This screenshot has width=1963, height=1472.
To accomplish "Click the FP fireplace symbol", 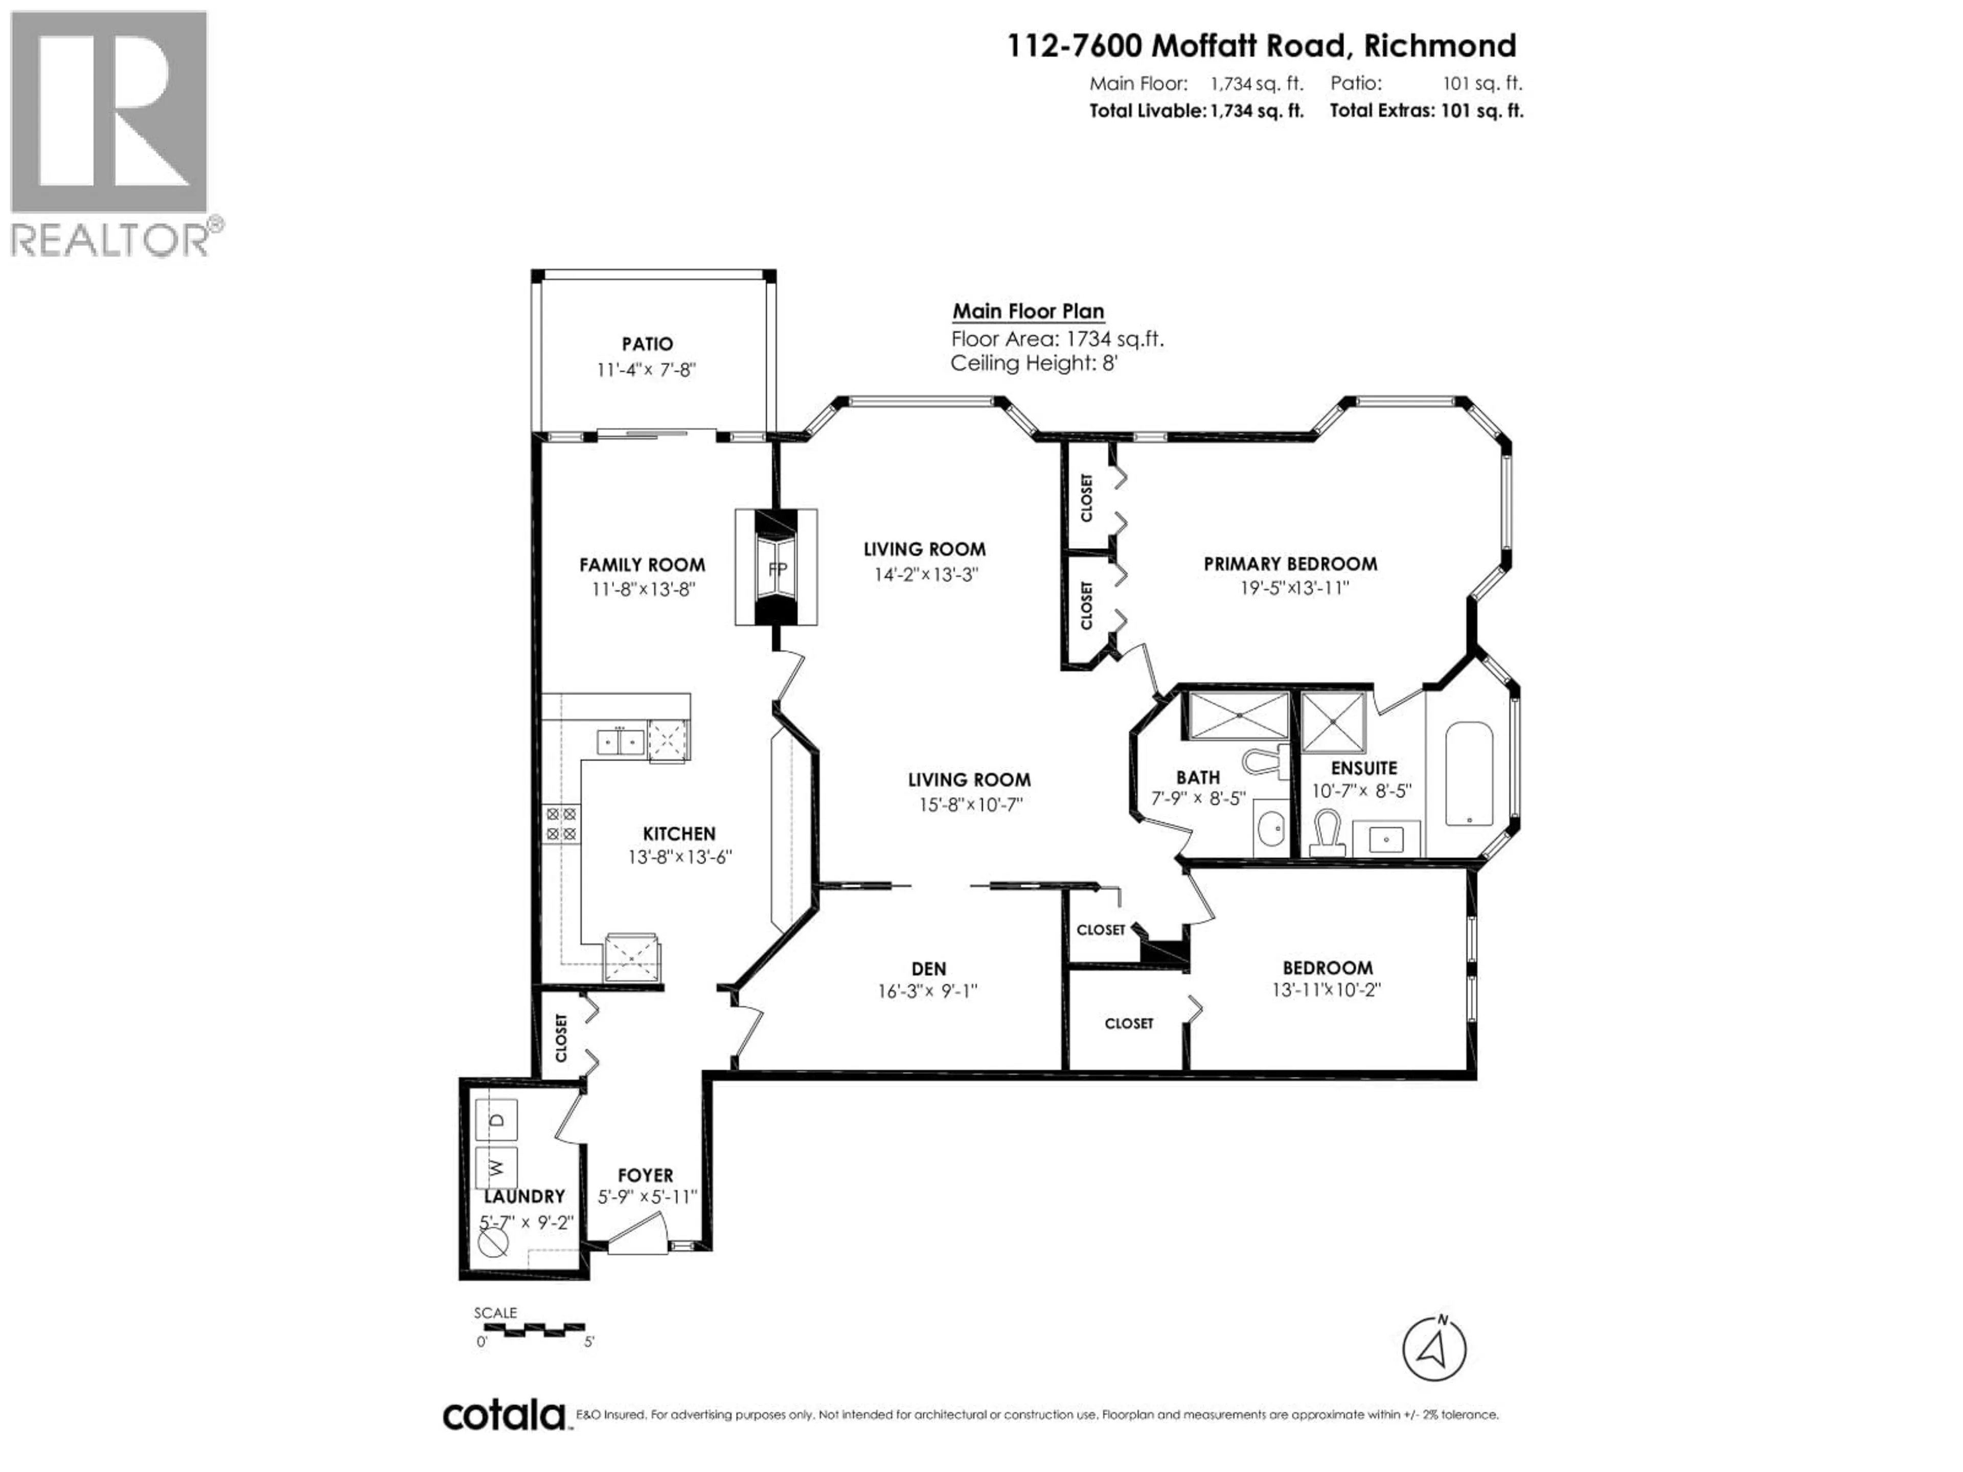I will [777, 568].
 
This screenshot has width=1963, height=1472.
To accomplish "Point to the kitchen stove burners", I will [561, 823].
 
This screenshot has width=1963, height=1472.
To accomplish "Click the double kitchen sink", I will [620, 740].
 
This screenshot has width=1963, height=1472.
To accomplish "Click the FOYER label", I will [645, 1175].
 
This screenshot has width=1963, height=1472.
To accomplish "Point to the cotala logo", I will [503, 1414].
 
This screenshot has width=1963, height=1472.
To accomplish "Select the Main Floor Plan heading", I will [1028, 311].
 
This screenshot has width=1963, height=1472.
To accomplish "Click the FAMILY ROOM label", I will [642, 564].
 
